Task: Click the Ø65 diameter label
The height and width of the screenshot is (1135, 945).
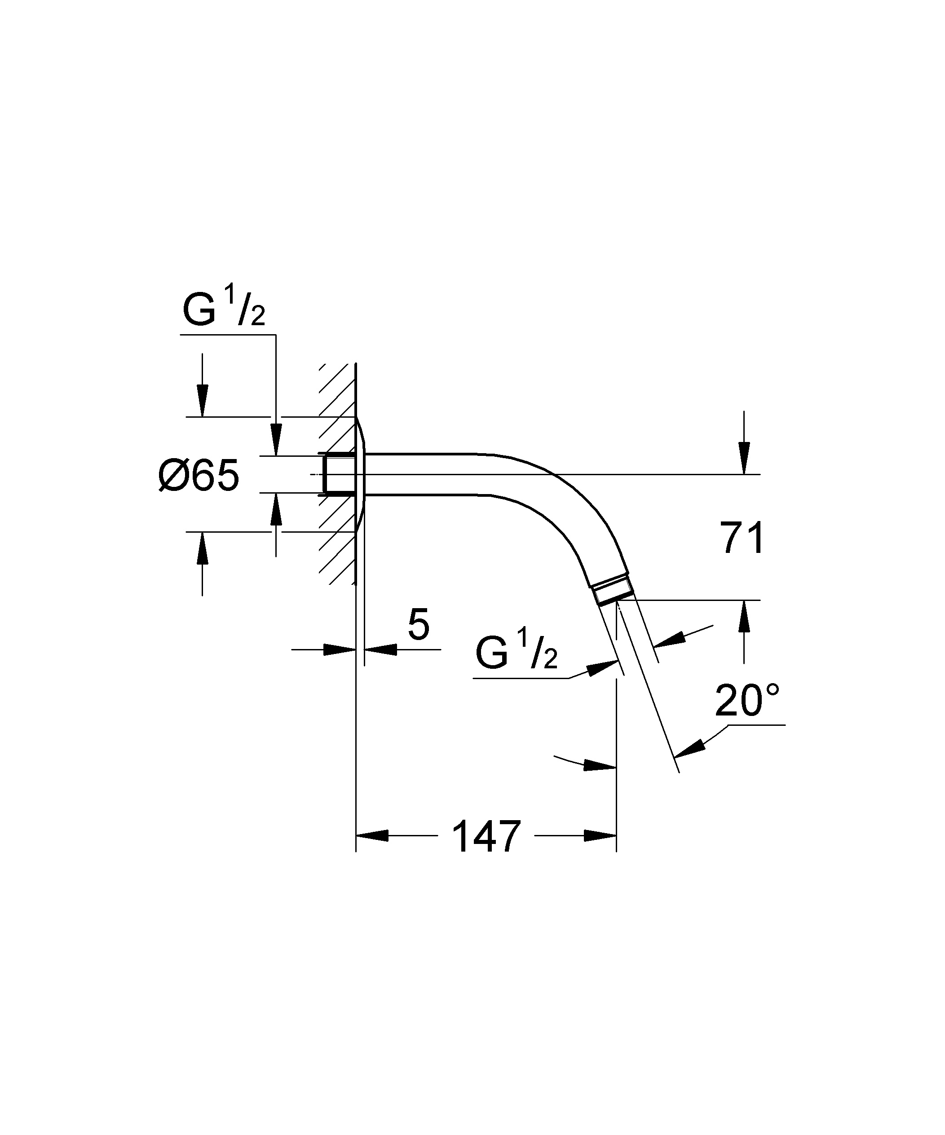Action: pyautogui.click(x=199, y=476)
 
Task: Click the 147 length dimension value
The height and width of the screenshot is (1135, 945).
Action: pyautogui.click(x=486, y=836)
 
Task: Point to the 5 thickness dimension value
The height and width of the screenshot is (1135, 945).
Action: pyautogui.click(x=419, y=625)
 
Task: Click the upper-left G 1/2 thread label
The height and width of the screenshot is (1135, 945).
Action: pyautogui.click(x=224, y=308)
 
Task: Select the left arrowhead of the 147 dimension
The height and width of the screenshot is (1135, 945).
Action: pyautogui.click(x=372, y=835)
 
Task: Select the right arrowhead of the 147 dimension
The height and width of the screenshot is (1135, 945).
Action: pyautogui.click(x=600, y=835)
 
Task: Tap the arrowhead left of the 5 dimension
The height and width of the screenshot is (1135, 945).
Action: pyautogui.click(x=340, y=649)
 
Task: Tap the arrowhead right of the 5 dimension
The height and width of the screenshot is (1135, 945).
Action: pyautogui.click(x=380, y=649)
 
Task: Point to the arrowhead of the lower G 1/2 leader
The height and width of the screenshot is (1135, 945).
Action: pyautogui.click(x=603, y=667)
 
